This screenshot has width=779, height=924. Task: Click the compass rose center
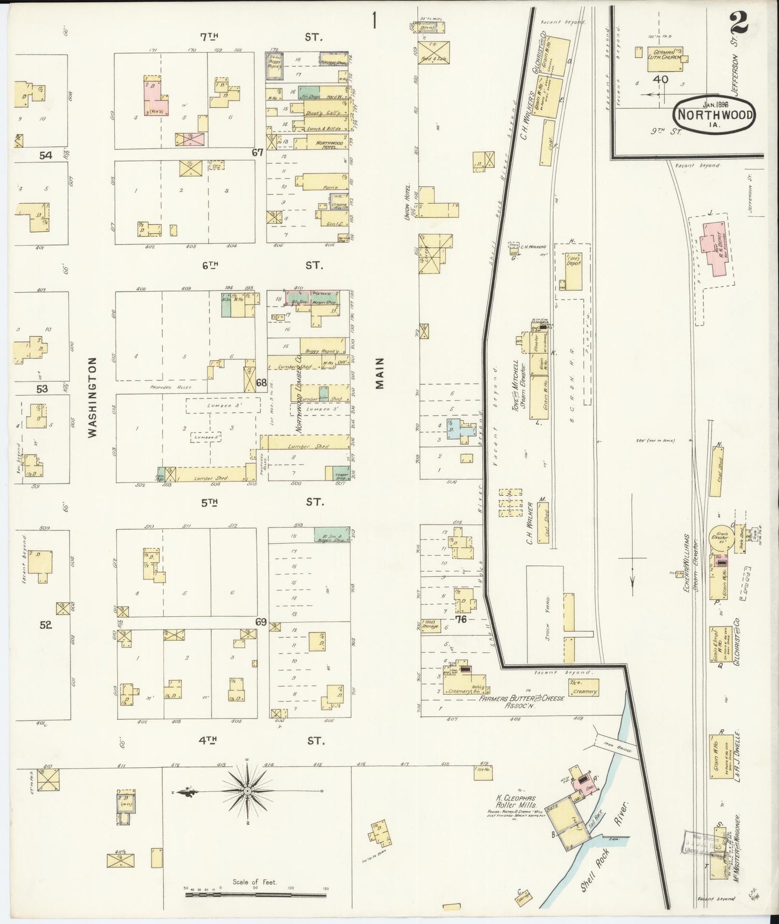pos(247,791)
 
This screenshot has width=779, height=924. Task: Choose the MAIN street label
pos(381,373)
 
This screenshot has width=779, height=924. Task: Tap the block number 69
pos(261,622)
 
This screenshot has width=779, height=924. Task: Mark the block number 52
pos(45,625)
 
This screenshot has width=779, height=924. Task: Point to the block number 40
pos(660,79)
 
